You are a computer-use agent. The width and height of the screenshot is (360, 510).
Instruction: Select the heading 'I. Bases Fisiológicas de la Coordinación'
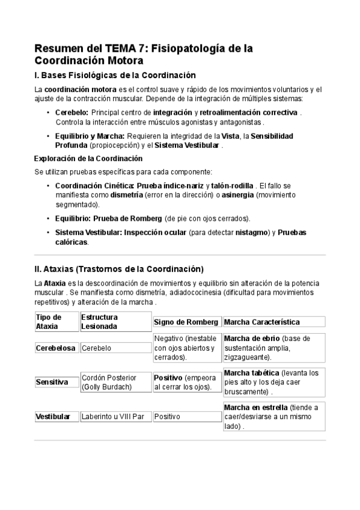coord(115,75)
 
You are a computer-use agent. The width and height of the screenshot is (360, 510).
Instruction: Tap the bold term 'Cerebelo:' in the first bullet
coord(72,112)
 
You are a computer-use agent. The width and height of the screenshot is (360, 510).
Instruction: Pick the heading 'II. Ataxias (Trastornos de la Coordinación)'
coord(120,268)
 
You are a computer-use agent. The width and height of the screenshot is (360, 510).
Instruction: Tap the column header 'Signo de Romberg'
coord(186,322)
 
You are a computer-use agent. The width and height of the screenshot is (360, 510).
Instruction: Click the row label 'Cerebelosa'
coord(56,348)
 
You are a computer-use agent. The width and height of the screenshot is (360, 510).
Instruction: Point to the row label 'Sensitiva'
coord(51,382)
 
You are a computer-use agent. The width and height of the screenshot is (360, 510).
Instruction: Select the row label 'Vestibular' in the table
coord(53,416)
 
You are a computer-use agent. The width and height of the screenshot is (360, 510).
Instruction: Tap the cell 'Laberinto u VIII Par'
coord(112,416)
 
